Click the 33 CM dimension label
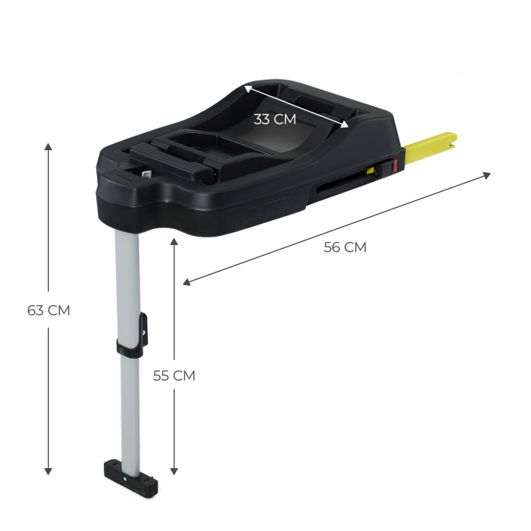pyautogui.click(x=275, y=118)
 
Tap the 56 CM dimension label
pyautogui.click(x=344, y=247)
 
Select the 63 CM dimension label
pyautogui.click(x=49, y=309)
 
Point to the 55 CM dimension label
pyautogui.click(x=174, y=375)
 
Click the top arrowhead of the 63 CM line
pyautogui.click(x=49, y=146)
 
